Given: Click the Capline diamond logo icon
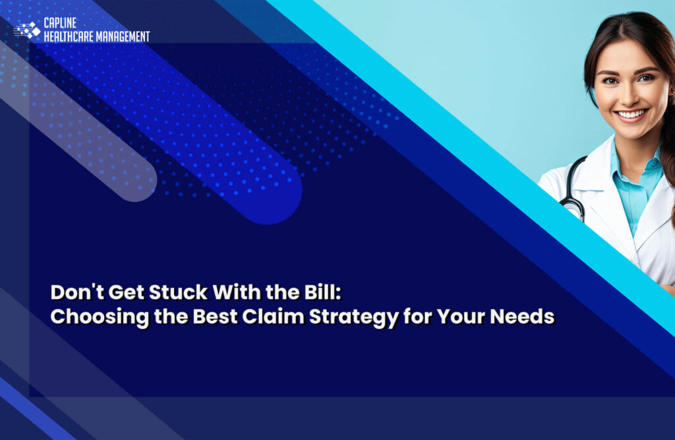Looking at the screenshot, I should coord(28,30).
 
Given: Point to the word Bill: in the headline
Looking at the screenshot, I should coord(322,291).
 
